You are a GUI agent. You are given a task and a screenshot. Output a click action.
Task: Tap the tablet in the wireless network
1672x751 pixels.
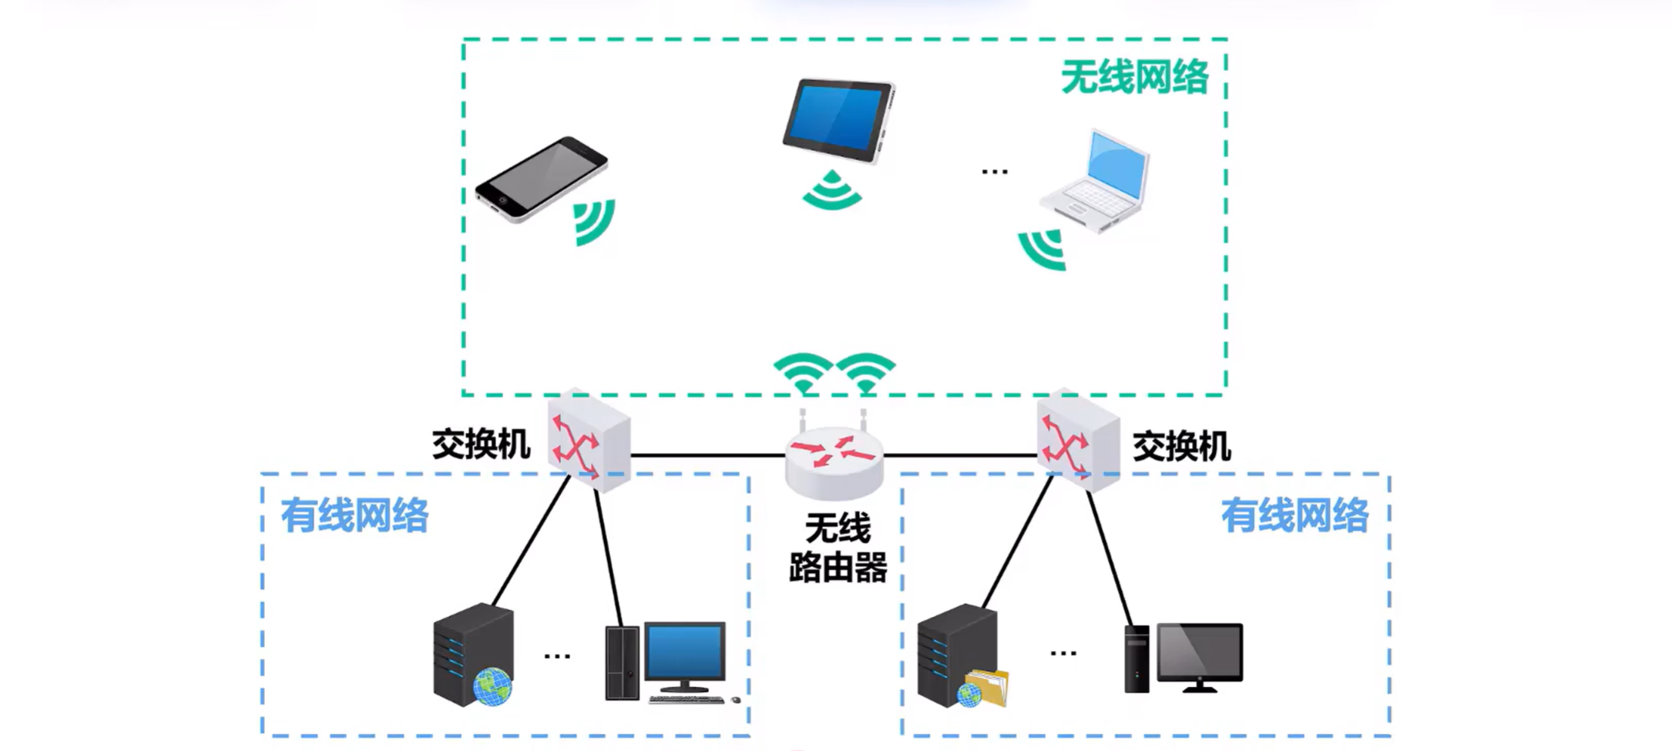[x=838, y=120]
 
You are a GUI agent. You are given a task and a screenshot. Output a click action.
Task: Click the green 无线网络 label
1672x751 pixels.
[x=1134, y=77]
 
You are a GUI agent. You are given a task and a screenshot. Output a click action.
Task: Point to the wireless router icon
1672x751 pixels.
[x=834, y=458]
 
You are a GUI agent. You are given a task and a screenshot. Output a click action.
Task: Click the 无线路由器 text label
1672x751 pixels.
[x=838, y=548]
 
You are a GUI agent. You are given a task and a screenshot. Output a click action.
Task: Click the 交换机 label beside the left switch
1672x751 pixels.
[x=481, y=445]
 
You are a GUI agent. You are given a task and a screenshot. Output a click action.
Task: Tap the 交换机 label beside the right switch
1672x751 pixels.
[x=1181, y=447]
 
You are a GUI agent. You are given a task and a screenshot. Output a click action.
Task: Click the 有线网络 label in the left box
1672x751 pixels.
[x=354, y=515]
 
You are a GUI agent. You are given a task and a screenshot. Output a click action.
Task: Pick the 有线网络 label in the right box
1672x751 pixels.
[x=1294, y=515]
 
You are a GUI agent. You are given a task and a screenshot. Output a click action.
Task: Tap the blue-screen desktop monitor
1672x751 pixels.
[x=684, y=655]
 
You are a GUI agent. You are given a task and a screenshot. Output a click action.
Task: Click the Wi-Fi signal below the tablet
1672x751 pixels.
[x=832, y=191]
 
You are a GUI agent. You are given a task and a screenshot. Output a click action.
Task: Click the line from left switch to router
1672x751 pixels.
[x=707, y=455]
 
